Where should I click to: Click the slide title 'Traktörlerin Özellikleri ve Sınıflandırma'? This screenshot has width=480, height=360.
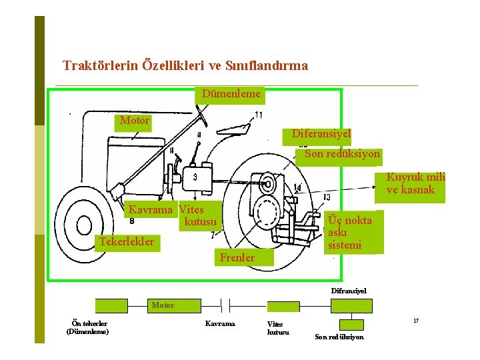185,65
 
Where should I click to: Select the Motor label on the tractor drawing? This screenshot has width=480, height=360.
134,121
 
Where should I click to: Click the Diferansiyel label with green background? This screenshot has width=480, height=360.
321,134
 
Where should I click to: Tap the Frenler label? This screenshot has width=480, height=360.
237,257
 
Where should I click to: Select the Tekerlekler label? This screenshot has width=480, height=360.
126,241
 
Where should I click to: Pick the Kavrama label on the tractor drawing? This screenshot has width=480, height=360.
150,209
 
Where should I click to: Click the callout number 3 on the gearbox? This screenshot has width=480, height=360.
195,177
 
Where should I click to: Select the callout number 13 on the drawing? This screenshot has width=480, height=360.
326,197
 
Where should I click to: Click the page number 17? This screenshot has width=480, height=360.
416,321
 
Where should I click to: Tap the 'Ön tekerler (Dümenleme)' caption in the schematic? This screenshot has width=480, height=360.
87,327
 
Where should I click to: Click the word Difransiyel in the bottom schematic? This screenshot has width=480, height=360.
349,291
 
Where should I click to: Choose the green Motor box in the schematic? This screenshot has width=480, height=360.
163,305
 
